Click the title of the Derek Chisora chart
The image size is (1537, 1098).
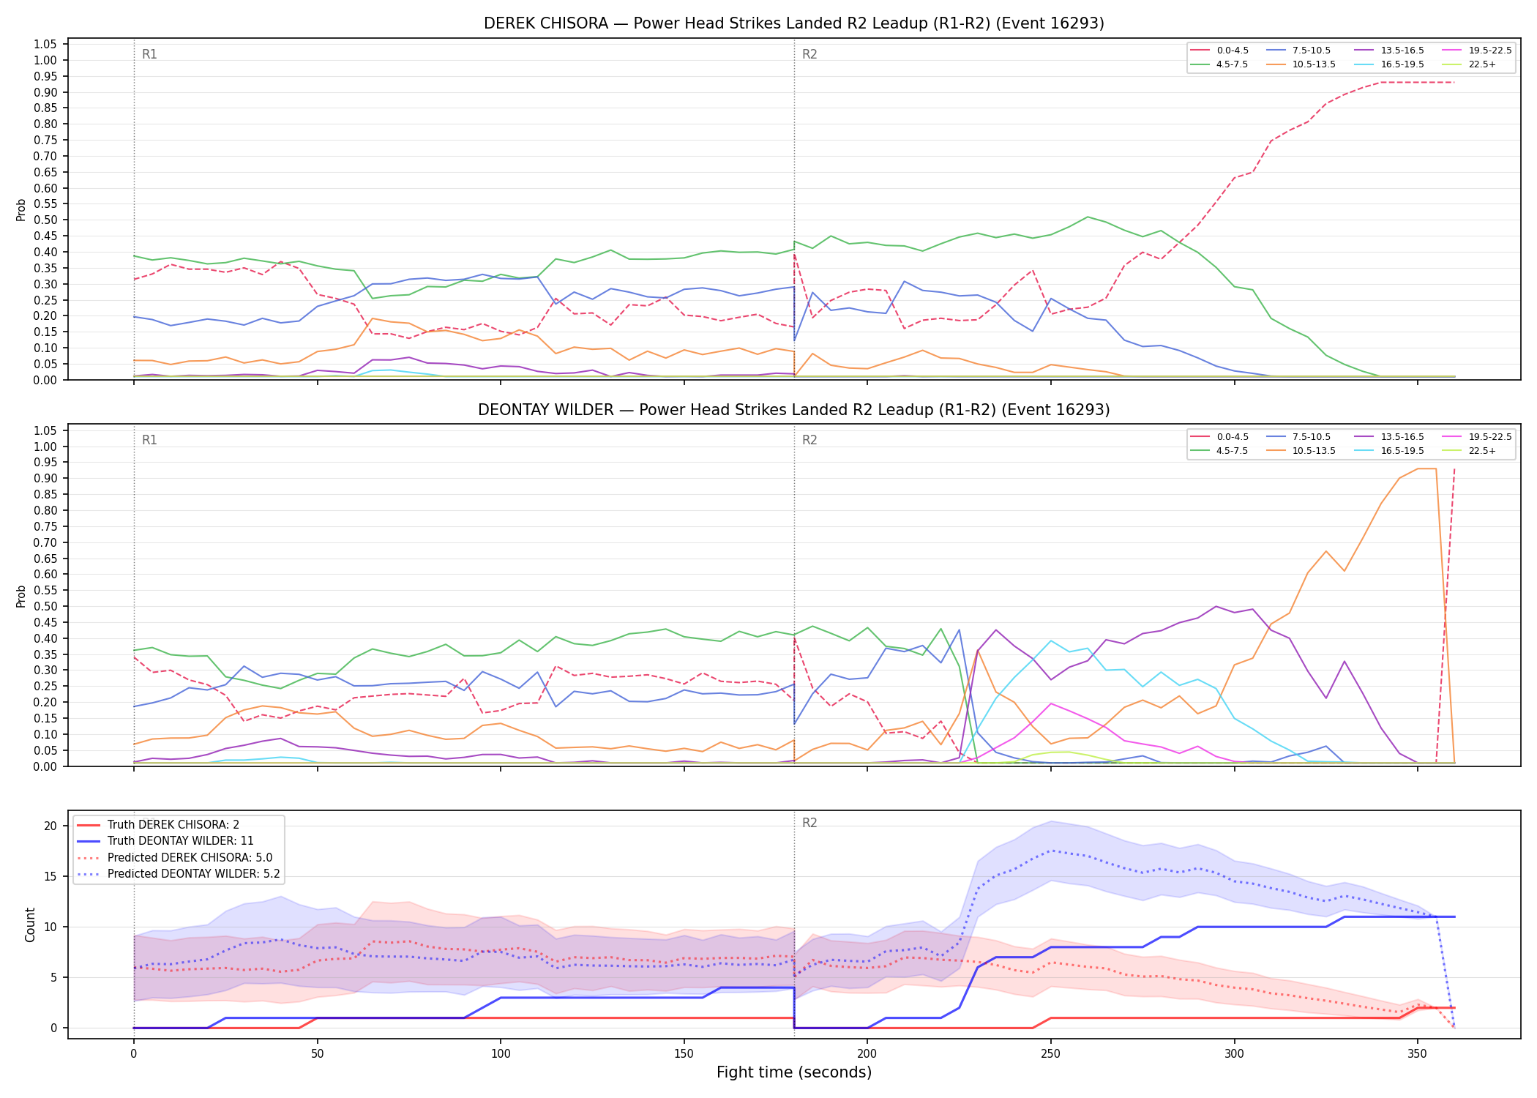tap(794, 23)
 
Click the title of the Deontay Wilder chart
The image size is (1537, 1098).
tap(794, 410)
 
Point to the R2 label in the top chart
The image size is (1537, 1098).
tap(809, 54)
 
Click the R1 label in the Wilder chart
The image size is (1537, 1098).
tap(149, 440)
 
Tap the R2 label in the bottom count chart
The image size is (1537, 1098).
tap(809, 823)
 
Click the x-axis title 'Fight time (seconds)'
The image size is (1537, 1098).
tap(794, 1072)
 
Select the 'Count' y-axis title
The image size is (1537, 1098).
tap(30, 925)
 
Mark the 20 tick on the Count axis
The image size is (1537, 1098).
tap(51, 826)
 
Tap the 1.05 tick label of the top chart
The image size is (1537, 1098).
tap(45, 45)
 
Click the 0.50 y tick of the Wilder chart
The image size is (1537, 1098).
tap(45, 606)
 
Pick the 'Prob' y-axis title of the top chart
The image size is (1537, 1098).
tap(21, 209)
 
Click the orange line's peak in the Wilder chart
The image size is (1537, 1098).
tap(1426, 468)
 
